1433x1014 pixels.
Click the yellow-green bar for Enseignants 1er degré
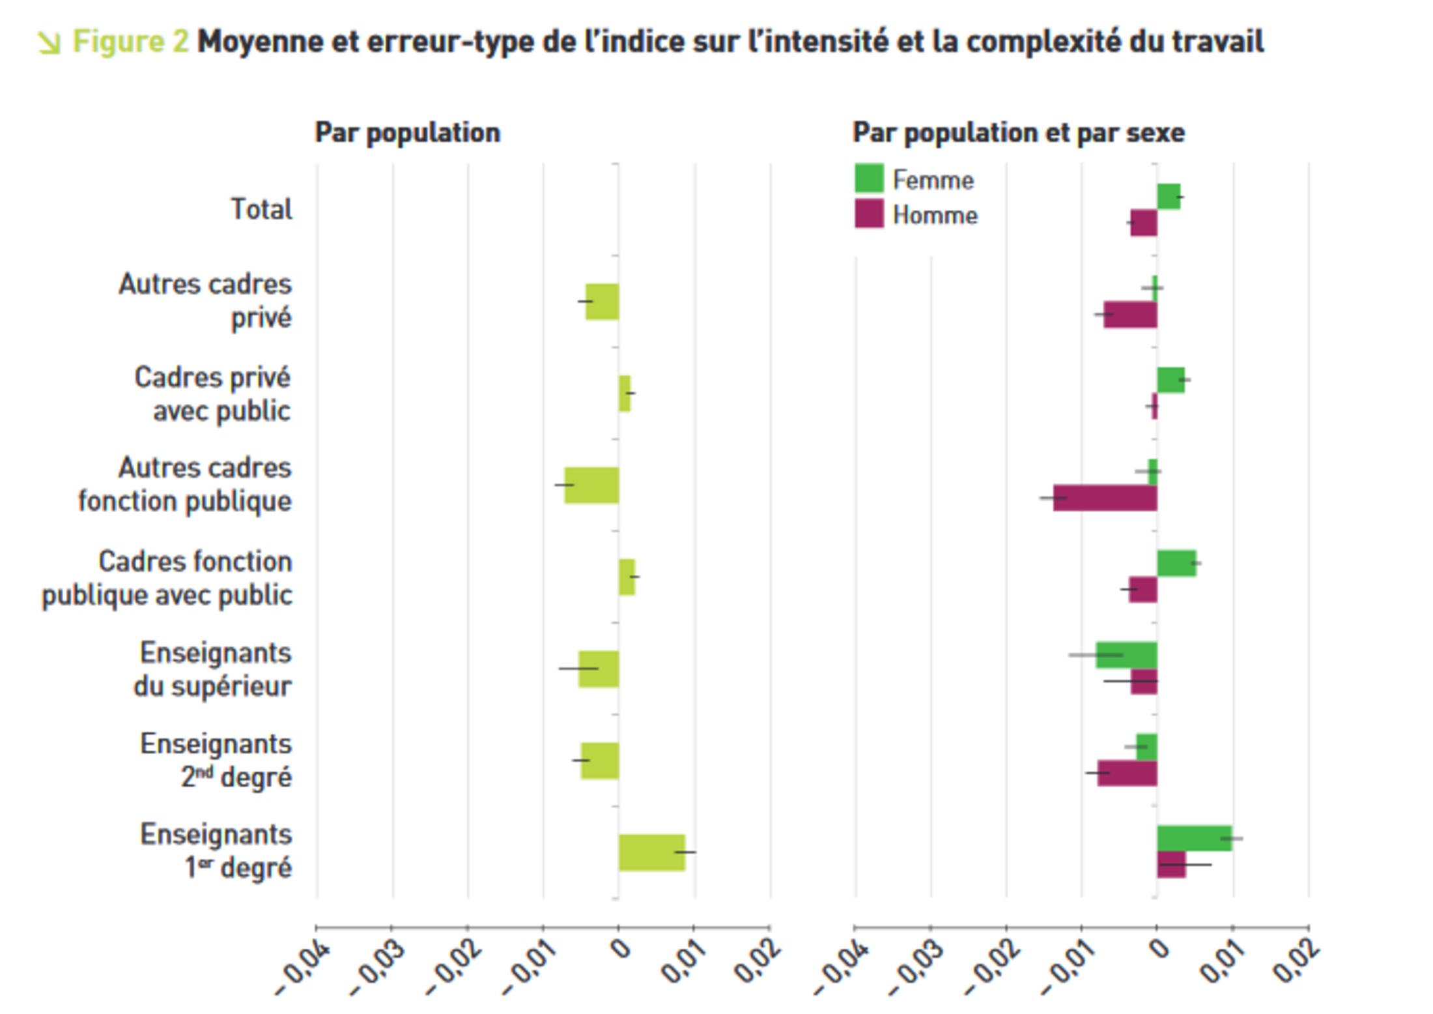[x=651, y=852]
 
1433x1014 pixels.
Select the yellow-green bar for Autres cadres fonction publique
[x=591, y=485]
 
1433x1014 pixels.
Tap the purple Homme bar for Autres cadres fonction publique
[x=1105, y=498]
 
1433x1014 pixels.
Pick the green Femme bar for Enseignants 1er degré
[x=1194, y=838]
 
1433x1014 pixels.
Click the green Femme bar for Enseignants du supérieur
[x=1126, y=655]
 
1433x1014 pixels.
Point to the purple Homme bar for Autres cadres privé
[x=1130, y=314]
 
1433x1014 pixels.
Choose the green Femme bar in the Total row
[x=1169, y=196]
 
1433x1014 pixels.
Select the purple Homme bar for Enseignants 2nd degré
[x=1127, y=773]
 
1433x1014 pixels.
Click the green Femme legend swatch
[x=869, y=178]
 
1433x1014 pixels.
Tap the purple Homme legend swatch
[x=869, y=214]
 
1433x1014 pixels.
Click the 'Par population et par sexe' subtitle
[x=1018, y=133]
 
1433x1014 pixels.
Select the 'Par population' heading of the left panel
[x=408, y=133]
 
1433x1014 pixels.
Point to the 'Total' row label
[x=261, y=209]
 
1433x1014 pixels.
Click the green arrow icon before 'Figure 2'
[x=50, y=43]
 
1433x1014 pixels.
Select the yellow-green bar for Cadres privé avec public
[x=625, y=393]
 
